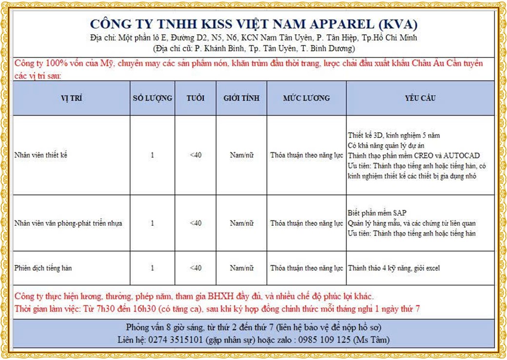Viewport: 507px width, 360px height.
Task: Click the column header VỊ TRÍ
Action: coord(71,98)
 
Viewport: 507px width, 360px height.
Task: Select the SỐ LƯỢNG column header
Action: coord(152,98)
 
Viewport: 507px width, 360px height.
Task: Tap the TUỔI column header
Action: coord(195,98)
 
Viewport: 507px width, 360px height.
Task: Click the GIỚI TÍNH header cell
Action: coord(241,98)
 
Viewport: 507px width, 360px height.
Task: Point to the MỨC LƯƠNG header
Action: coord(306,98)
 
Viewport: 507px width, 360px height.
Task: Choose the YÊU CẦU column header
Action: coord(420,98)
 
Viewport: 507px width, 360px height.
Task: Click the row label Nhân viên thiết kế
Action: coord(41,155)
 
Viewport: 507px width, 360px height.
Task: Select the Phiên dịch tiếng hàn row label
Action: coord(43,268)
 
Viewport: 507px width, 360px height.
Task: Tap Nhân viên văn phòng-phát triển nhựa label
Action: coord(68,223)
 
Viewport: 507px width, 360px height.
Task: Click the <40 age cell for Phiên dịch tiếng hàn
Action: coord(195,268)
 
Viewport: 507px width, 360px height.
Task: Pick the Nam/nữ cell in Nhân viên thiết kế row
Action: coord(241,155)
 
